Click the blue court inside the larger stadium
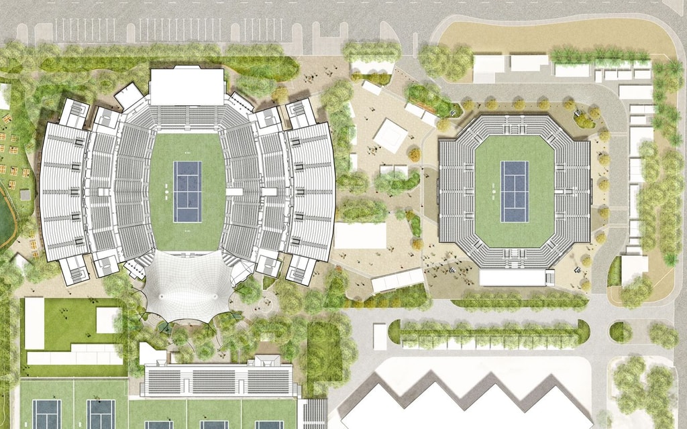tap(188, 192)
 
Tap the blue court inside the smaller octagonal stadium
tap(515, 191)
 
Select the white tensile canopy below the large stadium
tap(187, 285)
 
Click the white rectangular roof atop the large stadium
tap(187, 86)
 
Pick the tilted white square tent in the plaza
tap(390, 133)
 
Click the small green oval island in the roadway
tap(621, 332)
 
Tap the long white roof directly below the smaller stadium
tap(513, 278)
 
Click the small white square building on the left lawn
tap(107, 320)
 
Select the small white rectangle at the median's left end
tap(380, 336)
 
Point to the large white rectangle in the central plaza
tap(360, 235)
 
